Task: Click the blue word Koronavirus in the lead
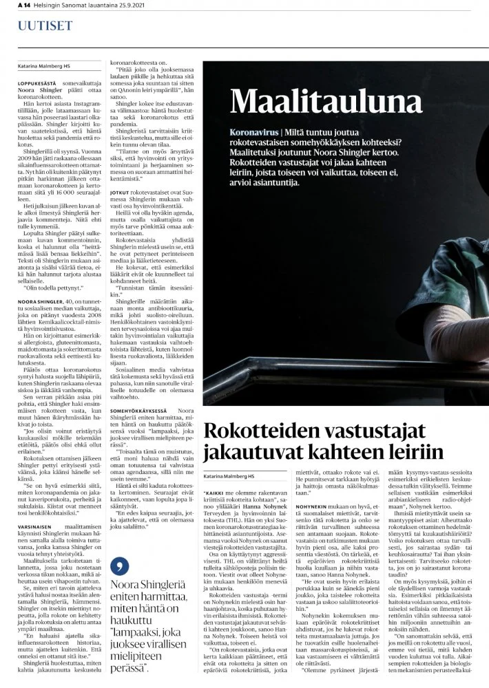[x=255, y=131]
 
